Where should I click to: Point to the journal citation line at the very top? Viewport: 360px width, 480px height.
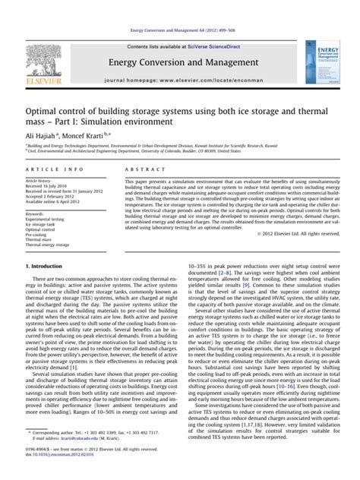[x=180, y=30]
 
